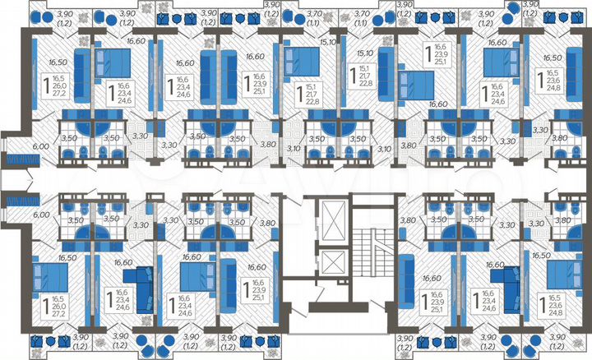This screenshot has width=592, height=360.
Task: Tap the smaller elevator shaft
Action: click(337, 264)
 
